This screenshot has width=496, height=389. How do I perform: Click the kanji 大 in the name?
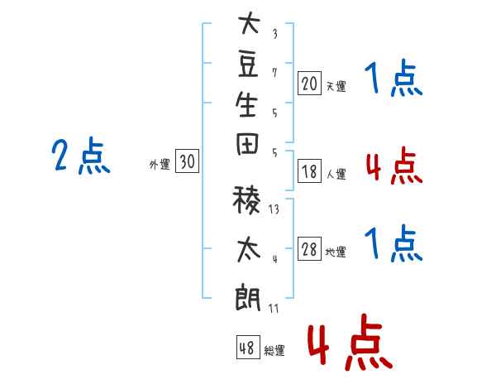(x=250, y=22)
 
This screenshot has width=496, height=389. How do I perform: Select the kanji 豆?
(x=248, y=66)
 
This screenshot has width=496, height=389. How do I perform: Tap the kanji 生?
(x=246, y=104)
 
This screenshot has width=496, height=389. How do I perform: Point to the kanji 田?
(x=247, y=144)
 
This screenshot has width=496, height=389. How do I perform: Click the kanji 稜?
(x=246, y=200)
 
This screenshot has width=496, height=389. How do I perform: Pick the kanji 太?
(x=249, y=250)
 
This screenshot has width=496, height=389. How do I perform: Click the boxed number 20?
(x=309, y=84)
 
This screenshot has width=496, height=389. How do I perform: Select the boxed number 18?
(x=309, y=171)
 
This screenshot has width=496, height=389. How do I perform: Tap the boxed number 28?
(x=309, y=249)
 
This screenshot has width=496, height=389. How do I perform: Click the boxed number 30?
(x=188, y=161)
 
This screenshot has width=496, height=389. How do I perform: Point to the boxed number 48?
(x=248, y=347)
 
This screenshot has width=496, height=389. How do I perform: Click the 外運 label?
(x=160, y=165)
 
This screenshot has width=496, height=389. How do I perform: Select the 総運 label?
(x=274, y=350)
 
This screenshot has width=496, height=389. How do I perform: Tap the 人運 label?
(x=336, y=174)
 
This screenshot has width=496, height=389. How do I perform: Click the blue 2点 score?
(x=81, y=156)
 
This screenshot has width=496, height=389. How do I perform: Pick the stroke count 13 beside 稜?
(x=274, y=209)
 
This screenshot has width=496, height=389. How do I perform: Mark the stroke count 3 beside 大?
(x=275, y=34)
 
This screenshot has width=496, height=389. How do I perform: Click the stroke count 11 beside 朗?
(x=274, y=308)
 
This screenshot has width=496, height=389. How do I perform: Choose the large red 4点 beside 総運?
(x=351, y=342)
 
